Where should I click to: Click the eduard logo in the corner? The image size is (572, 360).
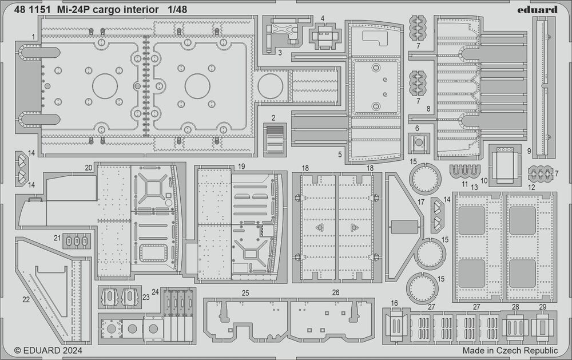(x=541, y=9)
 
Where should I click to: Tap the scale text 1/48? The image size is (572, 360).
(x=176, y=10)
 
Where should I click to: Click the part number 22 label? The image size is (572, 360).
(x=26, y=299)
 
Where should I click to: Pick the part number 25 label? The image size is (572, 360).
(x=245, y=292)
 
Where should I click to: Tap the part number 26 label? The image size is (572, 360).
(x=335, y=292)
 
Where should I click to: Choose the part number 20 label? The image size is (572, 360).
(x=88, y=168)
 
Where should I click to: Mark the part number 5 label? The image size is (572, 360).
(x=339, y=153)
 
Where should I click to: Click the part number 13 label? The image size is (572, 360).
(x=474, y=188)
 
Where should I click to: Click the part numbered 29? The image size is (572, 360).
(x=542, y=327)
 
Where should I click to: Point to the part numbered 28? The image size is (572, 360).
(x=515, y=327)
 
